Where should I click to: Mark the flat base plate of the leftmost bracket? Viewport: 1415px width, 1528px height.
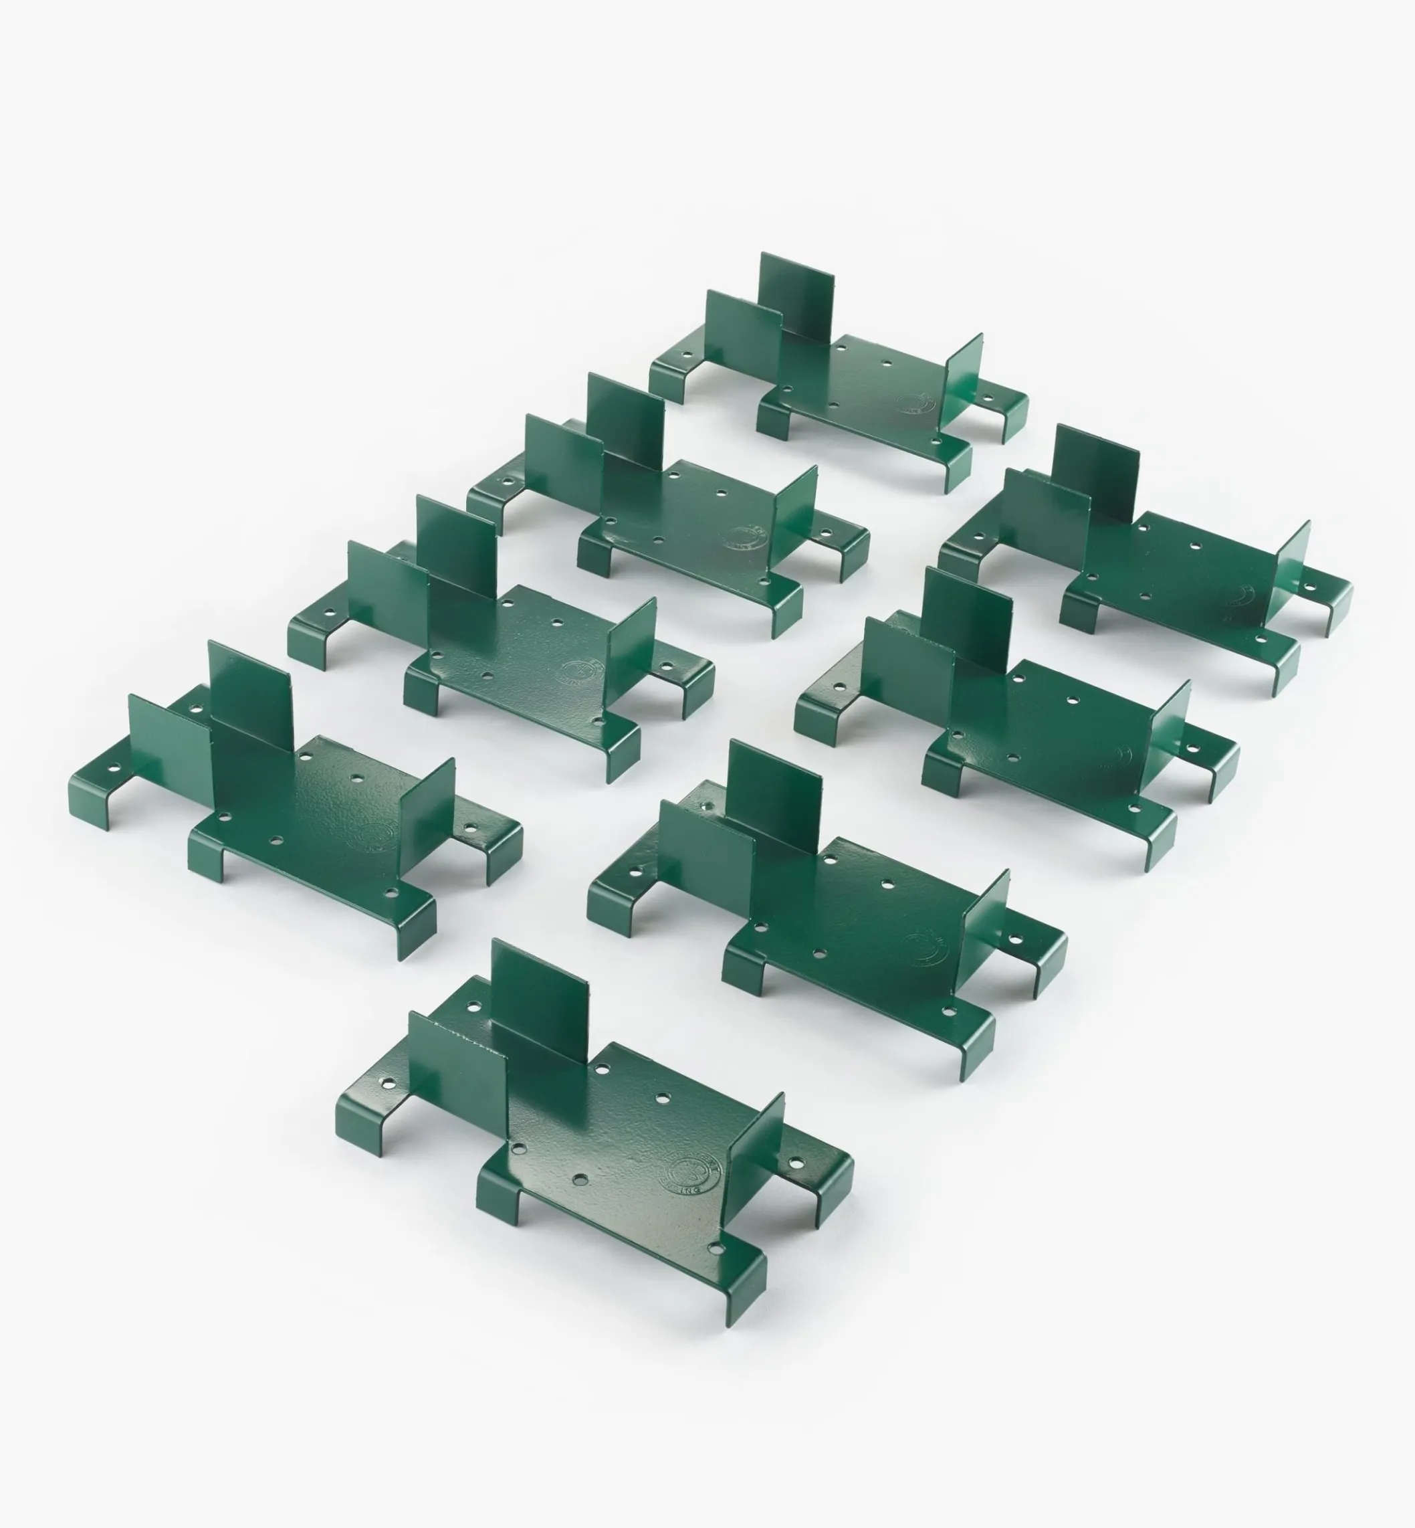click(x=322, y=812)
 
